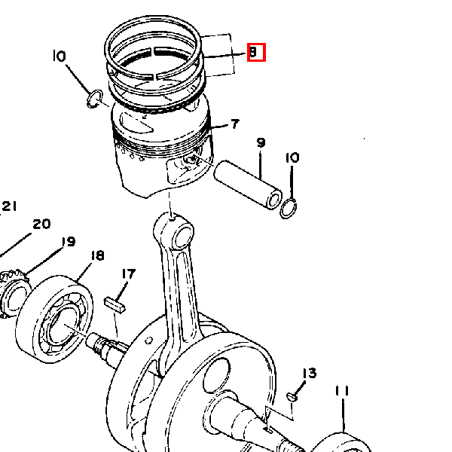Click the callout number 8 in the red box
click(252, 52)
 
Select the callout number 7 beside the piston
click(235, 124)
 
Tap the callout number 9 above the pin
click(261, 142)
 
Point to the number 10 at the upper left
click(60, 56)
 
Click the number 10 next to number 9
click(292, 157)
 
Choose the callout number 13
click(310, 373)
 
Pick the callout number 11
click(342, 391)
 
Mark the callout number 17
click(129, 274)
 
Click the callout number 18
click(97, 255)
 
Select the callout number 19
click(69, 242)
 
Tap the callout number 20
click(41, 224)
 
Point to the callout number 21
click(9, 206)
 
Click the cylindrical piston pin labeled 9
click(248, 185)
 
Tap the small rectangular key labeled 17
click(115, 305)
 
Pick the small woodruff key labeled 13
click(292, 397)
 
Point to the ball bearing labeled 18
click(54, 319)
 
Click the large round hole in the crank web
click(217, 375)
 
